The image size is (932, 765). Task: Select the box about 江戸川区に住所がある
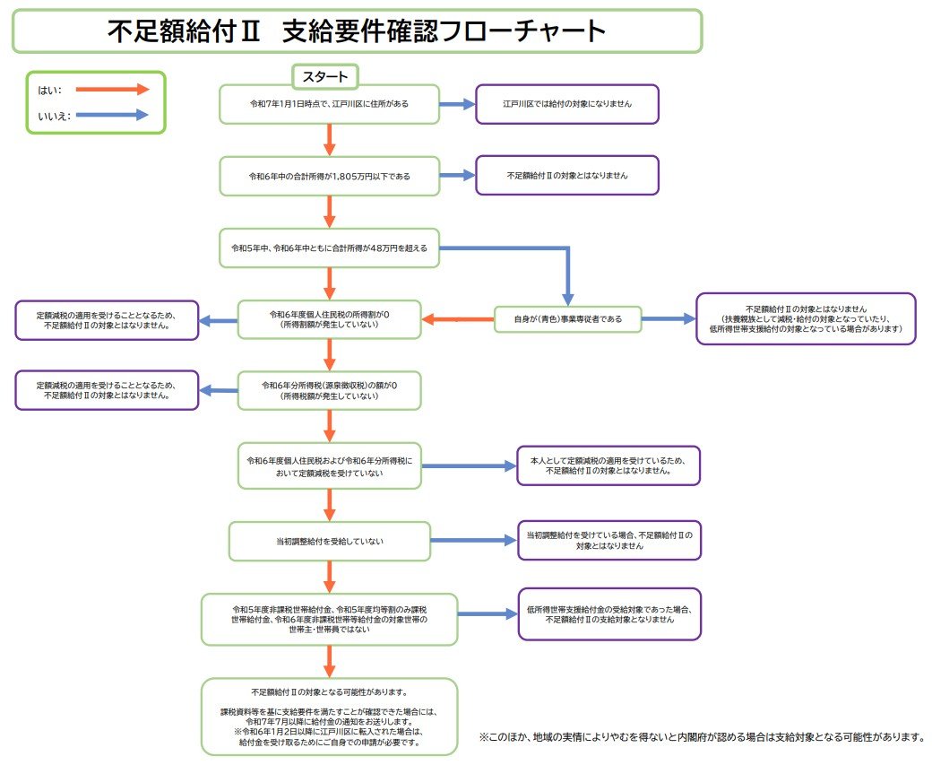click(x=330, y=104)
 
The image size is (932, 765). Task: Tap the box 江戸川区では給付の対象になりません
click(x=567, y=104)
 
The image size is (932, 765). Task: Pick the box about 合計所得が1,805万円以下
click(x=330, y=176)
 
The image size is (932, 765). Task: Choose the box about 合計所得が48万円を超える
click(x=330, y=247)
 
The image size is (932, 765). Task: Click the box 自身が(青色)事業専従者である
click(x=568, y=318)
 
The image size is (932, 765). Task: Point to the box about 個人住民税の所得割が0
click(x=329, y=318)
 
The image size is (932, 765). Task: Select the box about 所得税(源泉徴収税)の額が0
click(x=329, y=390)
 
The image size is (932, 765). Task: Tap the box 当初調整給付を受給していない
click(x=329, y=542)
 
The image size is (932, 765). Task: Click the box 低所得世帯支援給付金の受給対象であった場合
click(x=609, y=614)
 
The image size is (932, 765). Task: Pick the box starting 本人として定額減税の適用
click(x=608, y=465)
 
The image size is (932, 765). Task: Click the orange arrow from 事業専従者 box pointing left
click(x=458, y=318)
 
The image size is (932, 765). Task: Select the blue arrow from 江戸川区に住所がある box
click(x=457, y=104)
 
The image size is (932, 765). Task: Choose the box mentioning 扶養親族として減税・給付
click(x=806, y=318)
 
